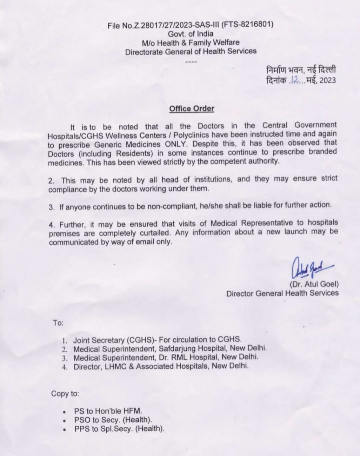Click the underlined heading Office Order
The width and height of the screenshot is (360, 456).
[x=192, y=109]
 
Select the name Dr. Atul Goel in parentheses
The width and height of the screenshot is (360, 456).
[x=314, y=284]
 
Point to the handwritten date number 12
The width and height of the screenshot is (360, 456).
[x=295, y=80]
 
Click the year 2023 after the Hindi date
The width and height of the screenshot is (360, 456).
[x=328, y=80]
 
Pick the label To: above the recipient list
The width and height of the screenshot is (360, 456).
[x=58, y=323]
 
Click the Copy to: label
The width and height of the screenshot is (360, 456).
[x=65, y=394]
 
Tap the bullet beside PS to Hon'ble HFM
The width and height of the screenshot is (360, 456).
[x=64, y=412]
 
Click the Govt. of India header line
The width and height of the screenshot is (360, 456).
[x=190, y=34]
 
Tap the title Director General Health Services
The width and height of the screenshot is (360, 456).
[x=282, y=293]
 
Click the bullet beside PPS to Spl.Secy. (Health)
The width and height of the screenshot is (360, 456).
[x=64, y=430]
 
